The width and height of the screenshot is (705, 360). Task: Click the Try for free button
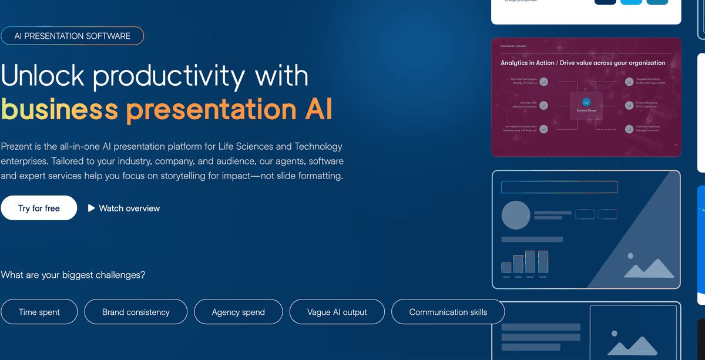click(39, 208)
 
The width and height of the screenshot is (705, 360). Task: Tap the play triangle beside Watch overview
click(91, 208)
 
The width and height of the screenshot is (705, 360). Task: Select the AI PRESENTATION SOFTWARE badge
click(72, 36)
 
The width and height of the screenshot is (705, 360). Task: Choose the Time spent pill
click(39, 312)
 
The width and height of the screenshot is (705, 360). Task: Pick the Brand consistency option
click(136, 312)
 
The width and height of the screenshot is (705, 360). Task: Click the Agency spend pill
click(238, 312)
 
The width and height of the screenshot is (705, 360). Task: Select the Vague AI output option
click(337, 312)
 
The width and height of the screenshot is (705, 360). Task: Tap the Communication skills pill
click(448, 312)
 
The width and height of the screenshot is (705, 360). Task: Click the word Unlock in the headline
click(41, 76)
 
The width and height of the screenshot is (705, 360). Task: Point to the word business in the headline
click(59, 109)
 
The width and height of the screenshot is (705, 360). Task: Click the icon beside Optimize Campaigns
click(544, 81)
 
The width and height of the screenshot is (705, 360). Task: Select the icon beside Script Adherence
click(626, 105)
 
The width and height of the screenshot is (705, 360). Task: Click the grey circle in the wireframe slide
click(516, 215)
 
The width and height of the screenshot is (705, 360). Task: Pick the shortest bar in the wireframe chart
click(506, 267)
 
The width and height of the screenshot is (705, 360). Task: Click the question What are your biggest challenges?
click(73, 274)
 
